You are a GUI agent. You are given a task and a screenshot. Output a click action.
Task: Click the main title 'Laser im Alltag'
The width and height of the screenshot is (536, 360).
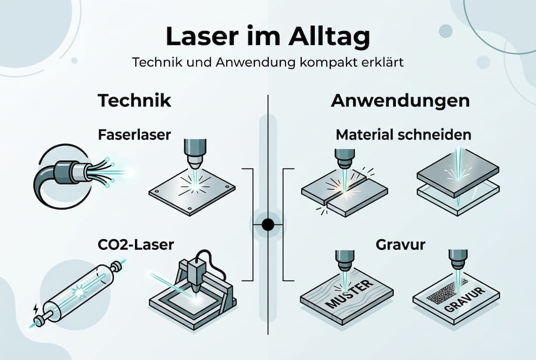tap(268, 37)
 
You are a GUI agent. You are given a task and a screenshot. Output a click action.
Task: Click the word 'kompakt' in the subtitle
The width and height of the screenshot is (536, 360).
tap(310, 63)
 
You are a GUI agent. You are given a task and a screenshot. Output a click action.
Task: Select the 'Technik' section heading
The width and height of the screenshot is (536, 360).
tap(134, 100)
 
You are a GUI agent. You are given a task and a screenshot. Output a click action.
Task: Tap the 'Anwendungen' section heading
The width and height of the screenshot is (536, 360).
tap(400, 100)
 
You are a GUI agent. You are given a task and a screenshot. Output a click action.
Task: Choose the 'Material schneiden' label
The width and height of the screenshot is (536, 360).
tap(404, 134)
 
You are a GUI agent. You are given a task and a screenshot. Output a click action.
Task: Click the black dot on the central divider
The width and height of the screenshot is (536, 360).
tap(268, 224)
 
